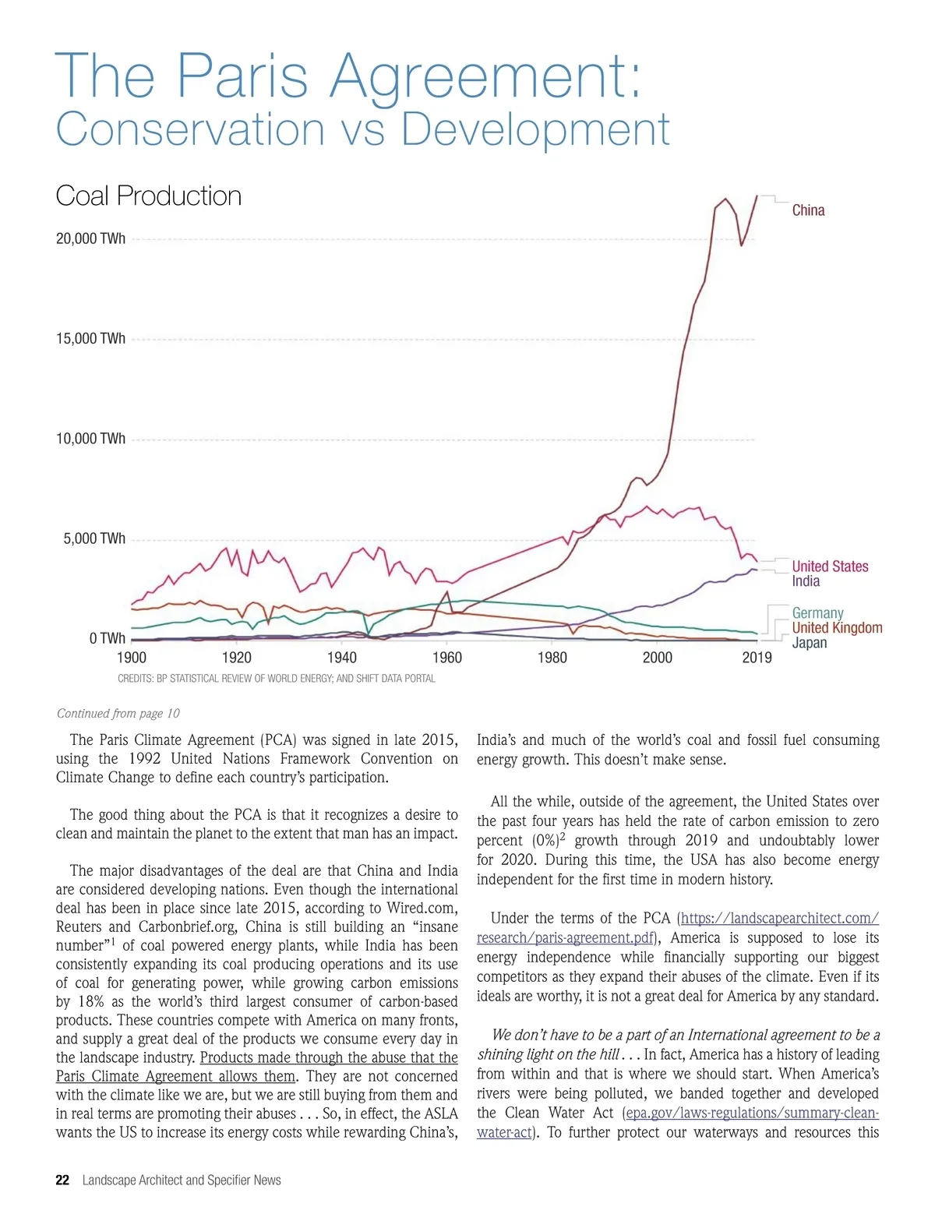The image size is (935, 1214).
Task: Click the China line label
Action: pyautogui.click(x=808, y=210)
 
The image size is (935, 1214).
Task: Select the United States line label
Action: pyautogui.click(x=830, y=566)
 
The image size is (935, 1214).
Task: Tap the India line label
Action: pyautogui.click(x=806, y=581)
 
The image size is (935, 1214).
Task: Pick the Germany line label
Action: pyautogui.click(x=817, y=613)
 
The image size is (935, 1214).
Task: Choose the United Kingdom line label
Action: pyautogui.click(x=837, y=628)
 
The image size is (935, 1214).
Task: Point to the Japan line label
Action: pyautogui.click(x=810, y=643)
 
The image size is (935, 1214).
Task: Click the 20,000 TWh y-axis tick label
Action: pyautogui.click(x=90, y=238)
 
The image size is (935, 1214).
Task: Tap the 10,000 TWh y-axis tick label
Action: pyautogui.click(x=90, y=439)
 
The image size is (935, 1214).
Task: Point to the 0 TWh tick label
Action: pyautogui.click(x=107, y=639)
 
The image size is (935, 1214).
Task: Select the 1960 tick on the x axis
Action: pyautogui.click(x=447, y=658)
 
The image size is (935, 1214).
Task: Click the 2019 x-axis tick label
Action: pyautogui.click(x=757, y=658)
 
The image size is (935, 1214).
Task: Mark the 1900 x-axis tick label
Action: pyautogui.click(x=132, y=658)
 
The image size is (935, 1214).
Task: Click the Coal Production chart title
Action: pyautogui.click(x=149, y=196)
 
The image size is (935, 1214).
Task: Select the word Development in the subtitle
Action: pyautogui.click(x=535, y=129)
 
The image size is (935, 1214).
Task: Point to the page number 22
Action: pyautogui.click(x=62, y=1180)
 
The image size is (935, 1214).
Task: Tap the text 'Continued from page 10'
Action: pyautogui.click(x=118, y=714)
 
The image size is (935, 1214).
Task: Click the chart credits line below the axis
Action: pyautogui.click(x=277, y=679)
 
